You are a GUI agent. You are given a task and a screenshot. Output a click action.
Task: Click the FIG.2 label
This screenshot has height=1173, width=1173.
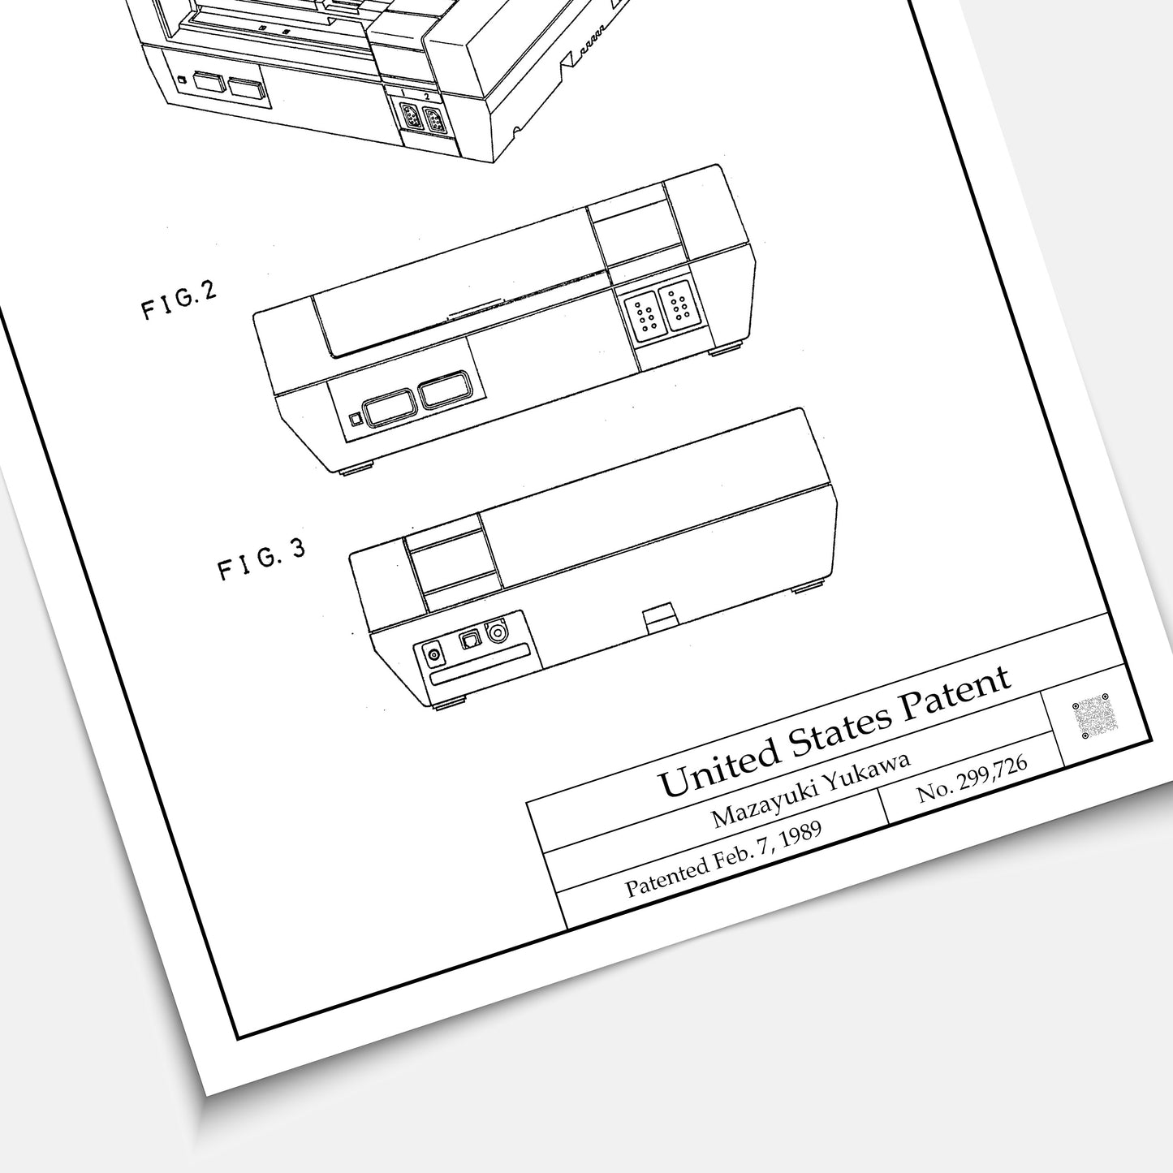coord(179,300)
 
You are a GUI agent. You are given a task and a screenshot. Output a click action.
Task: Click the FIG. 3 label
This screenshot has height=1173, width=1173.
coord(261,560)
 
